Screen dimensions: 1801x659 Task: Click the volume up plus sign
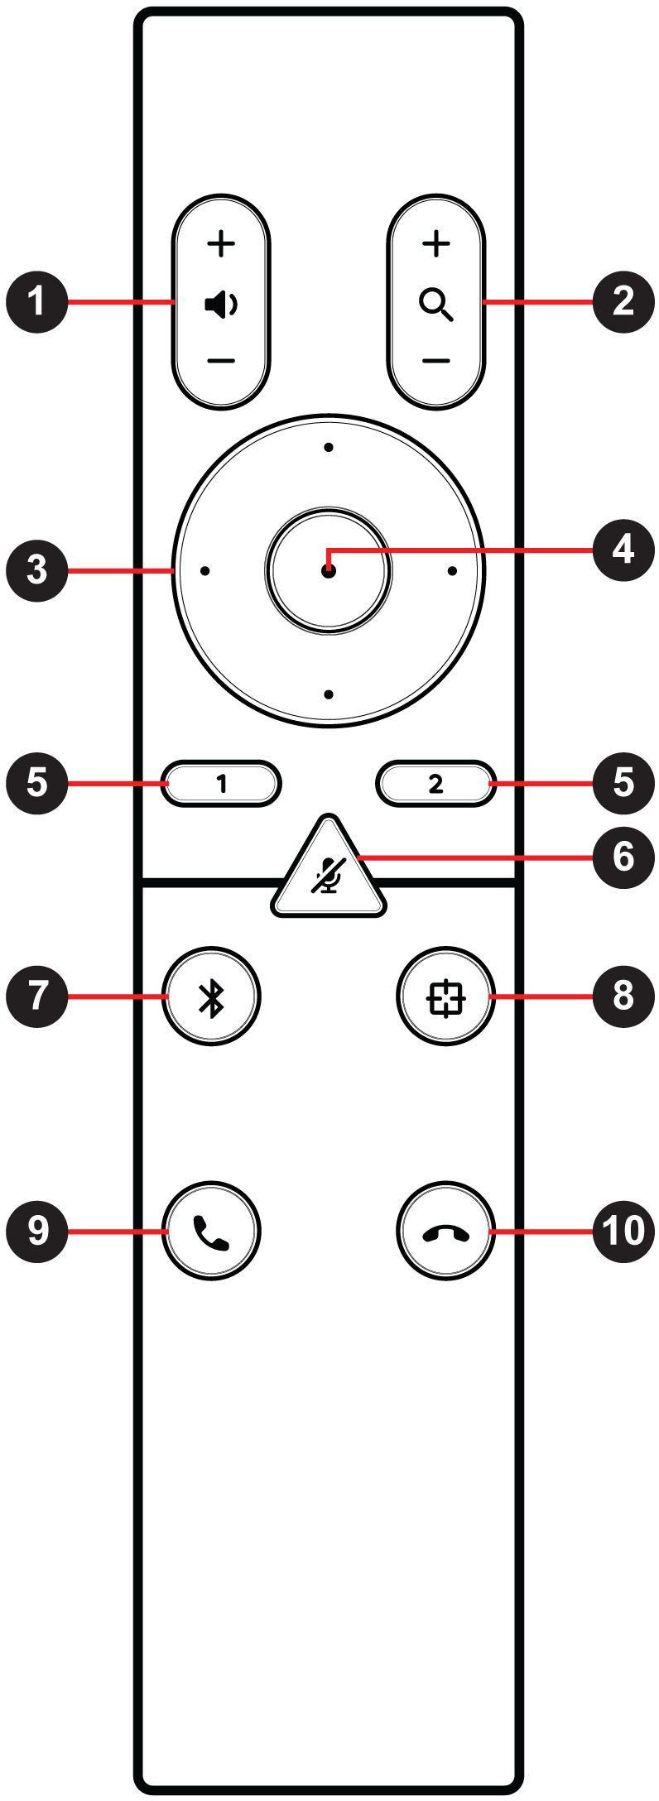[x=221, y=244]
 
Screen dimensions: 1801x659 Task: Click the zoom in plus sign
[x=436, y=243]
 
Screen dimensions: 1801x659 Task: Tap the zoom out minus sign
[x=436, y=361]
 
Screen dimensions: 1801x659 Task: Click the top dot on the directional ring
[x=329, y=448]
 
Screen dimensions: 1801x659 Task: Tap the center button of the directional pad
[x=329, y=571]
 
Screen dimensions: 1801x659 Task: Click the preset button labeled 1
[x=221, y=783]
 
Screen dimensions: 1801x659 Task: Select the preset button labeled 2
[x=436, y=783]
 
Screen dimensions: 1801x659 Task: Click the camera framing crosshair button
[x=446, y=997]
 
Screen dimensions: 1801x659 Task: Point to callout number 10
[x=623, y=1231]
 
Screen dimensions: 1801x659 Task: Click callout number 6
[x=623, y=857]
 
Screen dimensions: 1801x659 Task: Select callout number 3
[x=37, y=570]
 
